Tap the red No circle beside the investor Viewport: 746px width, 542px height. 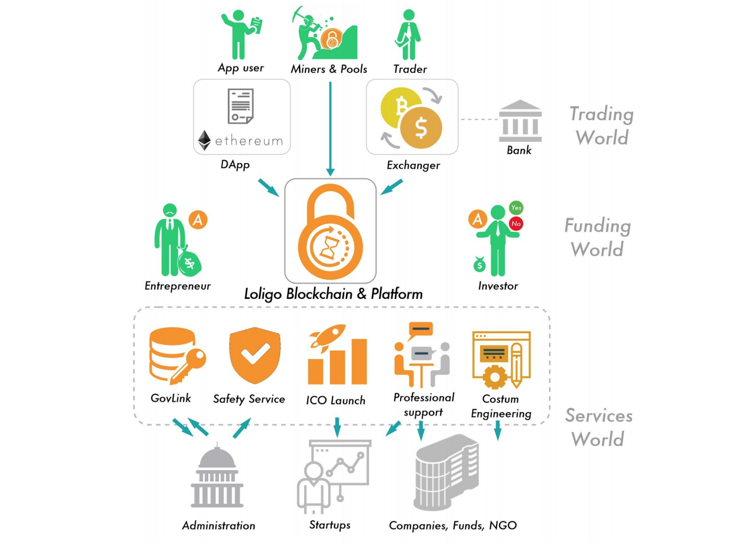pos(516,224)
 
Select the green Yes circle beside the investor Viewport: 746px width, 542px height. pos(516,208)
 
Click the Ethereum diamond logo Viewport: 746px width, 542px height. pos(204,140)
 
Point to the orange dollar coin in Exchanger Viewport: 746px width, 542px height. pos(421,128)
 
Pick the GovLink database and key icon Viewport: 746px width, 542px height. pos(177,356)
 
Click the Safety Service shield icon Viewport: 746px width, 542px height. pos(255,355)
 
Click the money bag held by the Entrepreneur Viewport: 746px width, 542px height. pos(189,262)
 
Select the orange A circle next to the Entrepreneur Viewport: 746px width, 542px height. pos(198,220)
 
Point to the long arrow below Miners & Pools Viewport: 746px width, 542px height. pos(331,129)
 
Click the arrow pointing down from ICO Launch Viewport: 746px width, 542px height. pos(337,427)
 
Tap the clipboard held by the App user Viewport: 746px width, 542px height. pos(256,25)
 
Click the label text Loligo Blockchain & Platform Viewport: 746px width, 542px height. pos(334,294)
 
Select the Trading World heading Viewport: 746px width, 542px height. pos(602,125)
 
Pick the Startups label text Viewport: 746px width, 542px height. pos(329,525)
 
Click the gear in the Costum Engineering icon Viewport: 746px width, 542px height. pos(495,377)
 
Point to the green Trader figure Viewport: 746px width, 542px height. pos(408,34)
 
